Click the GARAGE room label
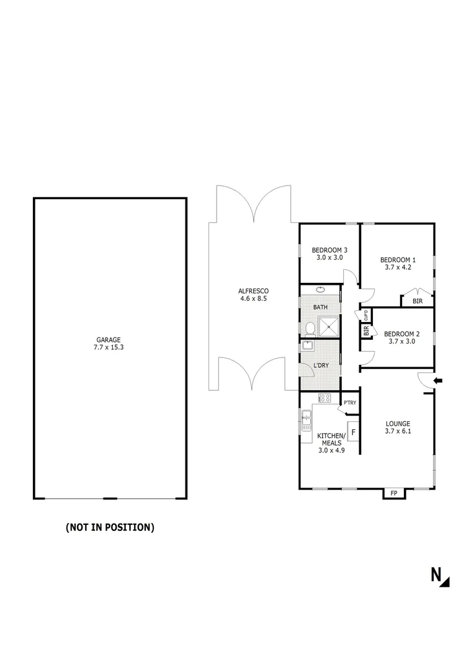[x=108, y=339]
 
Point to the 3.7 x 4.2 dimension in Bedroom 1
[x=398, y=267]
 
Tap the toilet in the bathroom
[x=309, y=328]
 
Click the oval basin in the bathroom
[x=320, y=290]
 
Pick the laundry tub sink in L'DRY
[x=308, y=346]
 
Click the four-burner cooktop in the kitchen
[x=326, y=397]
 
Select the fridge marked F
[x=354, y=431]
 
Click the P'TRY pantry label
[x=350, y=404]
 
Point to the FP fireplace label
[x=393, y=494]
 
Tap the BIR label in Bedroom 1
[x=417, y=301]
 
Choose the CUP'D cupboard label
[x=366, y=315]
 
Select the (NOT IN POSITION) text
[x=110, y=528]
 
